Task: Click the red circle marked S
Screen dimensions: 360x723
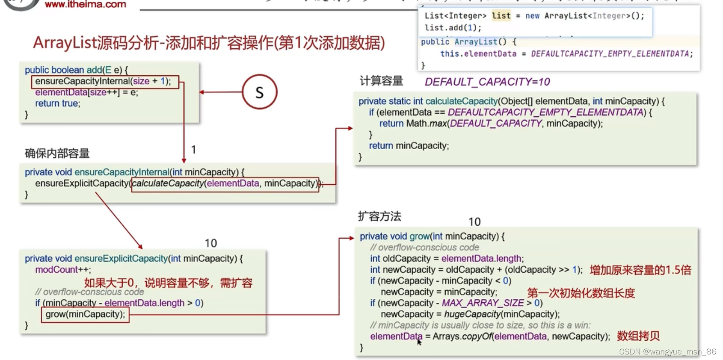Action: click(x=259, y=92)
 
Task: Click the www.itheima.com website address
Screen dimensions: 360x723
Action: click(x=85, y=5)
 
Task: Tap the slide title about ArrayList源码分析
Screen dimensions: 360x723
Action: click(x=209, y=43)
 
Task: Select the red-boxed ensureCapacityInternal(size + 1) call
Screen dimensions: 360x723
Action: click(x=104, y=81)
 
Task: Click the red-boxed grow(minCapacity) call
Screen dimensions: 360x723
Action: click(x=85, y=314)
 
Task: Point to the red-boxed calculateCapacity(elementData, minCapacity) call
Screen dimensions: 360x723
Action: click(x=225, y=184)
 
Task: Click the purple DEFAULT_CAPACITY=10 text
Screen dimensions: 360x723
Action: click(x=487, y=82)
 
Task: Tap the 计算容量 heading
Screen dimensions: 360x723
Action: click(x=381, y=81)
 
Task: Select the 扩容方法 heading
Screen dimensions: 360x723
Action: click(x=379, y=216)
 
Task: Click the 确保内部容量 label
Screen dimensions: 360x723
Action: click(x=57, y=153)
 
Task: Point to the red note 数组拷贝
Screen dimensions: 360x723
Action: click(x=638, y=336)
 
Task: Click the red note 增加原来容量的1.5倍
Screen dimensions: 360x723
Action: click(x=640, y=270)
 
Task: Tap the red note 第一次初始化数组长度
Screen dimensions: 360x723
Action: click(x=581, y=293)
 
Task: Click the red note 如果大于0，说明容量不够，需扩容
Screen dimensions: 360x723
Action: click(x=168, y=283)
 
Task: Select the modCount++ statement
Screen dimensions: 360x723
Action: click(x=63, y=270)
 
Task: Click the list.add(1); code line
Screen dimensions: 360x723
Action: click(x=453, y=28)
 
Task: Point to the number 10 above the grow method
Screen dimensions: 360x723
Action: click(x=474, y=222)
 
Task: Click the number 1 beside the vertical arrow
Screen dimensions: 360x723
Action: click(x=193, y=150)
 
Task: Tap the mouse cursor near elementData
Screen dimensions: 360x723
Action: click(x=419, y=341)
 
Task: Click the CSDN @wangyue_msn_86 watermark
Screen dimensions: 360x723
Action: click(x=667, y=351)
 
